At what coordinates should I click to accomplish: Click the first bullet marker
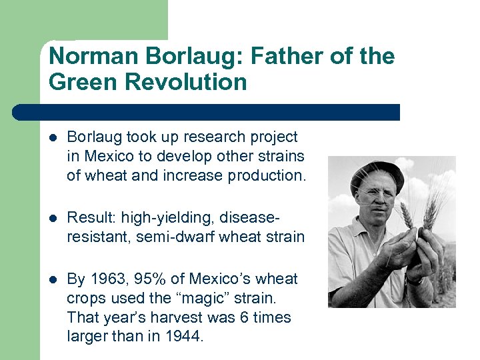(x=53, y=138)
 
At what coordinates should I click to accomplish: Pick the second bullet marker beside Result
(x=53, y=218)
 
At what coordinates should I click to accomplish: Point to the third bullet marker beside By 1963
(x=53, y=279)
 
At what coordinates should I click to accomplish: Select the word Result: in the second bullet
(x=90, y=217)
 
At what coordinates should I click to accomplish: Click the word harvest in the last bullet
(x=165, y=317)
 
